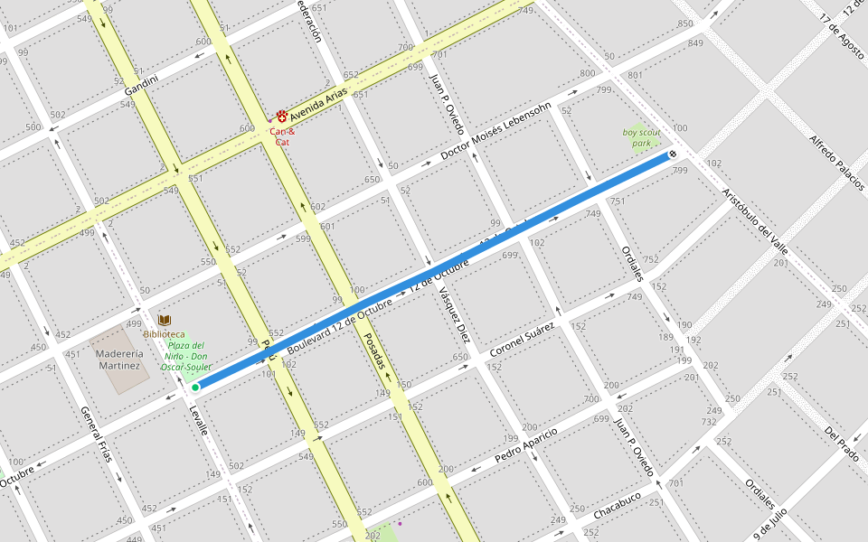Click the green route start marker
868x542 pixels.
point(195,388)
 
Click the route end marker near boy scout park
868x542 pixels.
point(673,154)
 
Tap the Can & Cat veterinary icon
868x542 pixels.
point(282,117)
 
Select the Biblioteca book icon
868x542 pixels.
point(165,320)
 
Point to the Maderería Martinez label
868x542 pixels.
point(119,360)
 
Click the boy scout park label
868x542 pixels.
point(641,137)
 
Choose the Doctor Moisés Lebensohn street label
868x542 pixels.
point(495,132)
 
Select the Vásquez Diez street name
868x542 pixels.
point(453,314)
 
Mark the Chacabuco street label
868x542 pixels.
point(618,506)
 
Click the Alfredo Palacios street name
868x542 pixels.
point(835,162)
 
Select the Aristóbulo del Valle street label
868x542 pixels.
point(754,219)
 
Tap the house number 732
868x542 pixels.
point(709,422)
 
